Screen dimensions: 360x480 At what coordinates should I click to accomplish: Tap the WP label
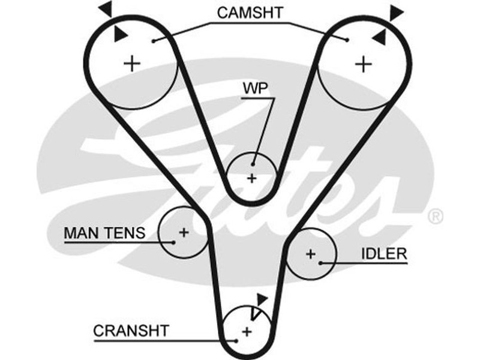(x=255, y=88)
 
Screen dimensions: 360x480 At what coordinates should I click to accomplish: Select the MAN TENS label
(x=104, y=232)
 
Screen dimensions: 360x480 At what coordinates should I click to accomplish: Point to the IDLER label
(x=384, y=254)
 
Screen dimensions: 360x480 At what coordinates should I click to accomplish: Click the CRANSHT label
(x=131, y=330)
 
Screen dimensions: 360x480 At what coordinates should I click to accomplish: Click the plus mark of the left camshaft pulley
(x=132, y=62)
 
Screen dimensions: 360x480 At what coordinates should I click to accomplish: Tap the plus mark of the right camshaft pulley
(x=363, y=64)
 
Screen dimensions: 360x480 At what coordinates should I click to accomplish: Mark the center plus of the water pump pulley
(x=252, y=178)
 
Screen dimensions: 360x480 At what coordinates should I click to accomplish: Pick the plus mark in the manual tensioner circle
(x=183, y=232)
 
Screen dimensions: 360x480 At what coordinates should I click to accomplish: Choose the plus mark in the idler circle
(x=310, y=254)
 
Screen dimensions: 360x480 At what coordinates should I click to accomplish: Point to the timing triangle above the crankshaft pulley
(x=261, y=298)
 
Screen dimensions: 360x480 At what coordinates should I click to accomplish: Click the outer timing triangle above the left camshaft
(x=106, y=8)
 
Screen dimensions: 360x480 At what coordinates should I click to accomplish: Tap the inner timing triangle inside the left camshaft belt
(x=120, y=33)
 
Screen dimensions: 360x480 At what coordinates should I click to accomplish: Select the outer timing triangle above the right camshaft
(x=396, y=11)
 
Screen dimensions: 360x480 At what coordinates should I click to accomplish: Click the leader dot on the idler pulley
(x=322, y=263)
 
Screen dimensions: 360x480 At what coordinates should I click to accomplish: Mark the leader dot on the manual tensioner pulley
(x=173, y=242)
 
